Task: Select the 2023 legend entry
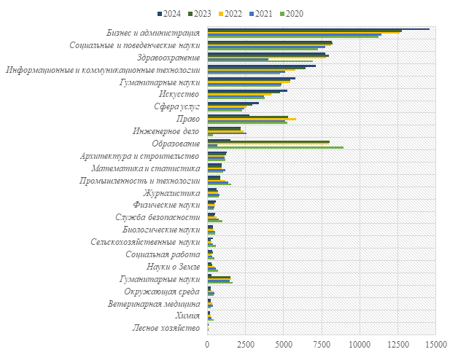click(202, 13)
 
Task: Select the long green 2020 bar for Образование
click(276, 147)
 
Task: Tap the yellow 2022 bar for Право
click(252, 119)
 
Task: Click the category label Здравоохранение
click(168, 58)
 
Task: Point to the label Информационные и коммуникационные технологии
click(103, 70)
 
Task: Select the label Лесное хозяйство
click(166, 328)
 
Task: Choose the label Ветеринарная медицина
click(154, 303)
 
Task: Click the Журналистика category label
click(172, 193)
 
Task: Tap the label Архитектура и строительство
click(139, 156)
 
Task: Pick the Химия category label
click(187, 316)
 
